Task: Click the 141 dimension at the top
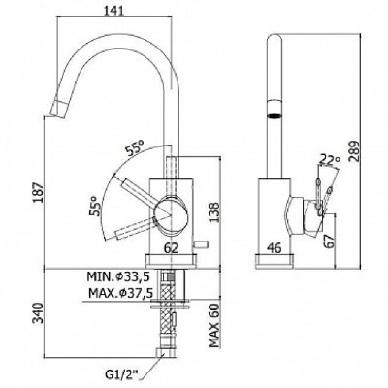click(114, 11)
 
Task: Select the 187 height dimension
click(39, 193)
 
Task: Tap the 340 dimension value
click(39, 312)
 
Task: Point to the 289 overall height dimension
click(355, 151)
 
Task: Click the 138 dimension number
click(214, 212)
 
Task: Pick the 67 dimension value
click(330, 241)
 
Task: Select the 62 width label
click(171, 248)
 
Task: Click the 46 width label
click(275, 248)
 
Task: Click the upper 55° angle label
click(135, 148)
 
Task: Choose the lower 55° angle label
click(95, 206)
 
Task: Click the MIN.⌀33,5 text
click(117, 276)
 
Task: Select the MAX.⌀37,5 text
click(120, 293)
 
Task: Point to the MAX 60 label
click(214, 325)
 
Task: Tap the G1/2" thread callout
click(122, 376)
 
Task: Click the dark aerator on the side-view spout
click(275, 115)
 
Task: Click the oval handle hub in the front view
click(171, 215)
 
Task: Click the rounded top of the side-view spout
click(275, 38)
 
